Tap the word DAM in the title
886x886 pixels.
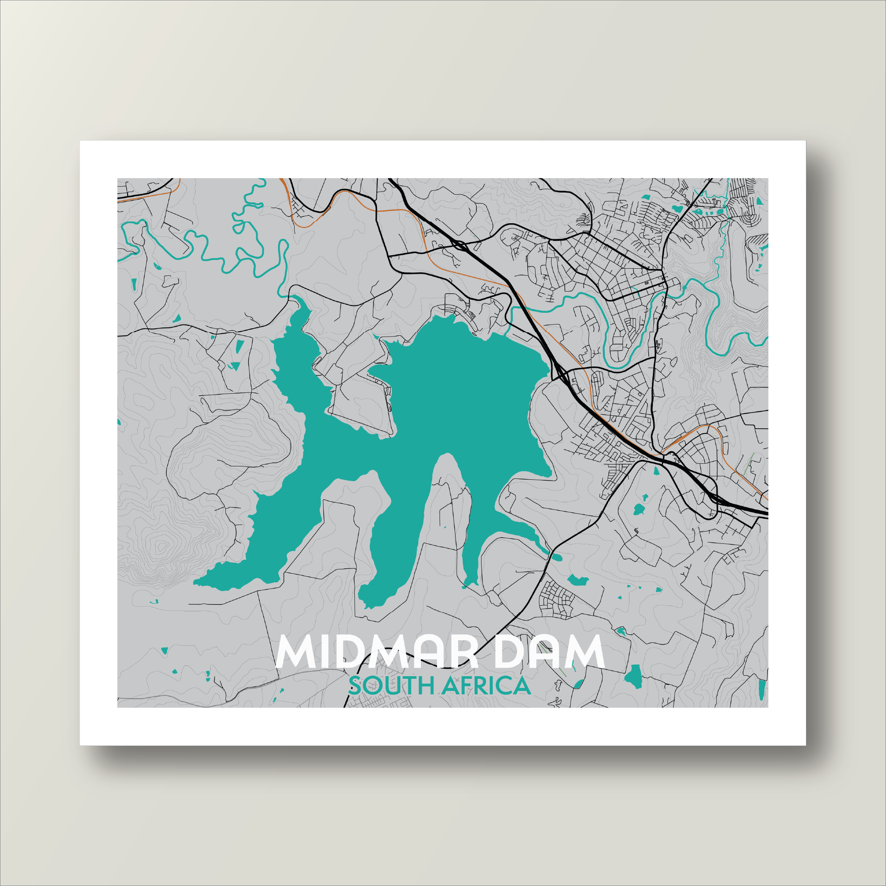click(551, 652)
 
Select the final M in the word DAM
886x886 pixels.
click(587, 652)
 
